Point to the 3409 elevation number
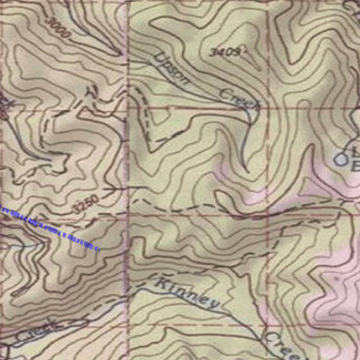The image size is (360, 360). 227,53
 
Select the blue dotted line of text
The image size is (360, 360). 52,228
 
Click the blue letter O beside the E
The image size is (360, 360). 342,160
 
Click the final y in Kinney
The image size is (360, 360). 214,307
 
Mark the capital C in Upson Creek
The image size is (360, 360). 224,91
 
